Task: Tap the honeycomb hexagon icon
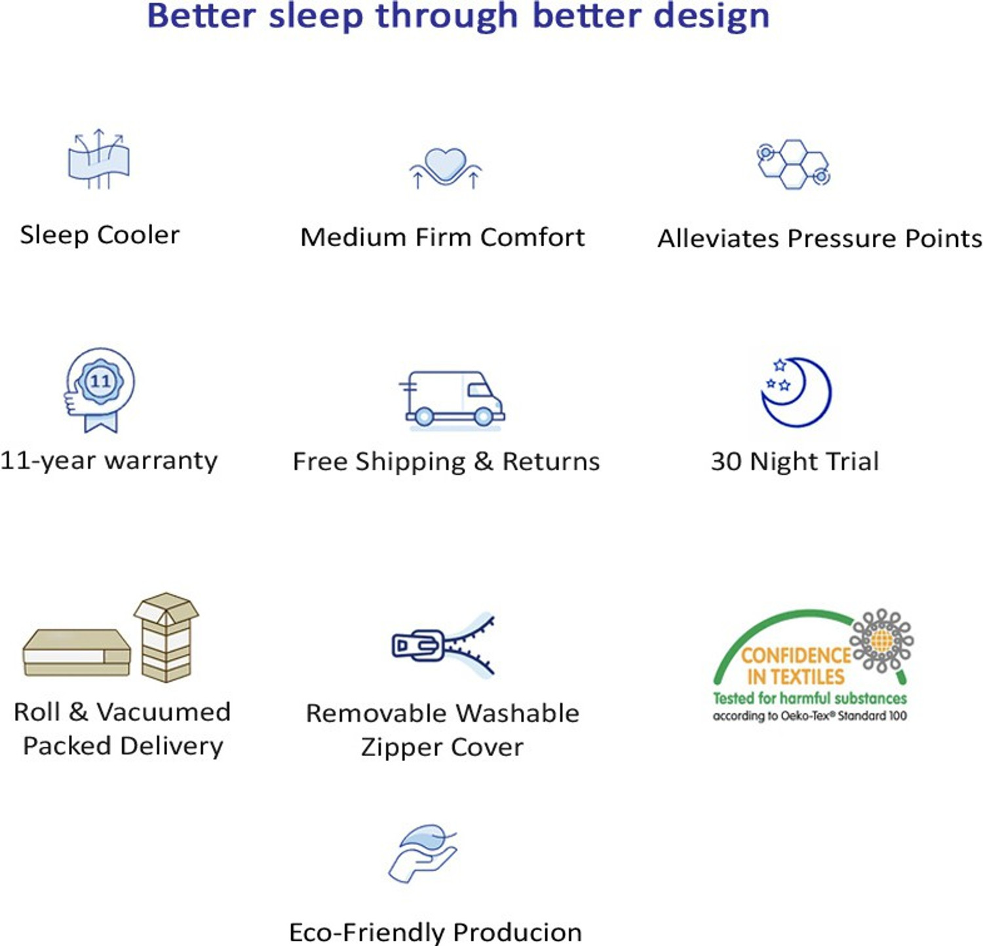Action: pyautogui.click(x=794, y=164)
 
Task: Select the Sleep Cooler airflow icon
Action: pyautogui.click(x=98, y=159)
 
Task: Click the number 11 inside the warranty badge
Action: pyautogui.click(x=100, y=381)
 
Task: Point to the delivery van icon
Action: pyautogui.click(x=452, y=398)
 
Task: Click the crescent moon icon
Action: pyautogui.click(x=797, y=392)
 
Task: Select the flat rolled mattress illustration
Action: pyautogui.click(x=77, y=652)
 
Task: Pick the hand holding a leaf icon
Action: pyautogui.click(x=423, y=852)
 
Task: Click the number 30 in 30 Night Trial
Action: pyautogui.click(x=726, y=462)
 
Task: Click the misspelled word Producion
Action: pyautogui.click(x=517, y=932)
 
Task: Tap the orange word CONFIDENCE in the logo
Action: pyautogui.click(x=796, y=655)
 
